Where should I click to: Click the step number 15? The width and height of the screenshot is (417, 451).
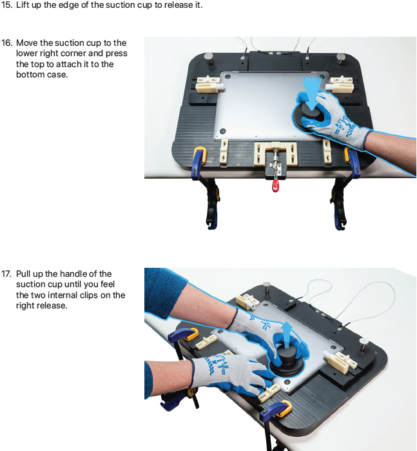tap(6, 5)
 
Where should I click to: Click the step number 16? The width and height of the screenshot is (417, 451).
tap(6, 43)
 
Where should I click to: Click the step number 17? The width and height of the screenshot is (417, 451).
tap(6, 274)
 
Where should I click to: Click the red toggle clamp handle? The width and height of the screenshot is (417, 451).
tap(275, 185)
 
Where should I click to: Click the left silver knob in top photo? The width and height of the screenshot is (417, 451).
tap(209, 58)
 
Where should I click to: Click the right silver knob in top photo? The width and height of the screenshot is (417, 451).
tap(341, 58)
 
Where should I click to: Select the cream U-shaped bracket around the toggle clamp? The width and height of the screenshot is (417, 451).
tap(275, 154)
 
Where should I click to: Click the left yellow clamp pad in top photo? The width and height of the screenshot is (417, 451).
tap(200, 155)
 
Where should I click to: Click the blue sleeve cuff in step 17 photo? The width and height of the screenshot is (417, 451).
tap(165, 294)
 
